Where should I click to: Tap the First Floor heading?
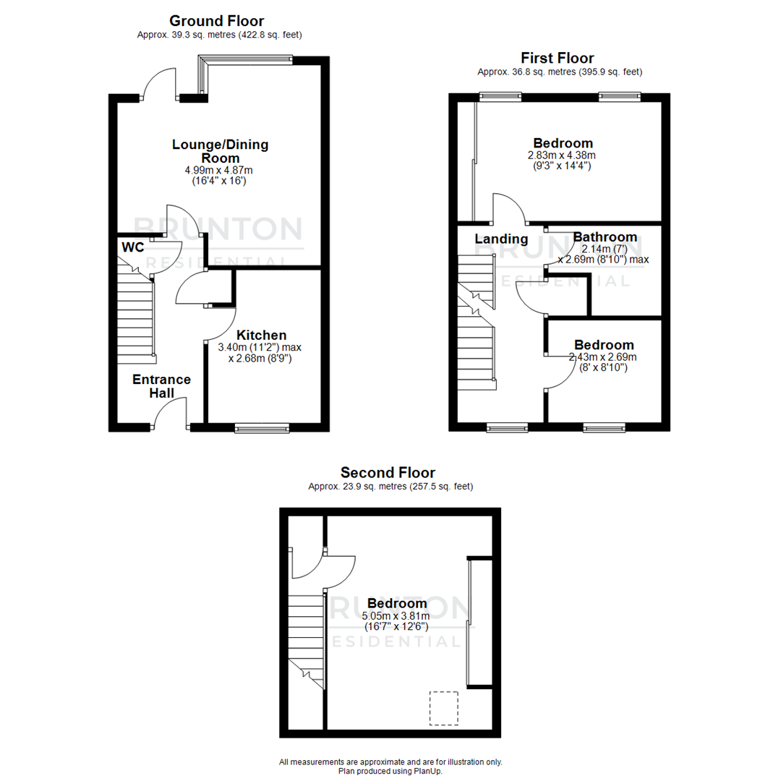click(557, 58)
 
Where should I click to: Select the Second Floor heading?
click(388, 473)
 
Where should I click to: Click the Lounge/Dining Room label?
click(220, 151)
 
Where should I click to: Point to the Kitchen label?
click(262, 335)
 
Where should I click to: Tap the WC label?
click(132, 247)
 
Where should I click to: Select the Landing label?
click(501, 239)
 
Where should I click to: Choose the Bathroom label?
click(605, 237)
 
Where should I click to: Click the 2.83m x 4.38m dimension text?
click(563, 155)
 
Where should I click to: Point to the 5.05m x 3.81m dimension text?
click(396, 616)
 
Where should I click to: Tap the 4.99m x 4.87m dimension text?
click(219, 170)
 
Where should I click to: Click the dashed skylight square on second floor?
click(444, 707)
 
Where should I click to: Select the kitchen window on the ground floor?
click(262, 429)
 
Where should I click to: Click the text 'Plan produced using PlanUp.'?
click(390, 771)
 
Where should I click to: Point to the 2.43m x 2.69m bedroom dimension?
click(602, 357)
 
